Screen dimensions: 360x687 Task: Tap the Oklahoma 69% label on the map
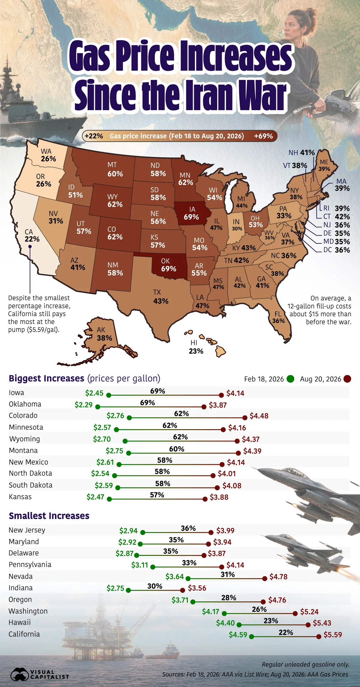[168, 265]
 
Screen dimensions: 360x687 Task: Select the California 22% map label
[32, 236]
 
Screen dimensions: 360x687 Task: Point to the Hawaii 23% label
[196, 347]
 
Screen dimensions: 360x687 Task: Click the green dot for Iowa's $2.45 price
[109, 395]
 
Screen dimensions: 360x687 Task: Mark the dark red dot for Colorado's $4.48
[245, 417]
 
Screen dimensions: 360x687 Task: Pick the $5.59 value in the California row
[333, 635]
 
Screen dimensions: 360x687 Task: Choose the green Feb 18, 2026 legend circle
[290, 379]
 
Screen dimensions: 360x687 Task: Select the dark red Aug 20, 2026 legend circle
[347, 379]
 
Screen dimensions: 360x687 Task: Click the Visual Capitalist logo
[40, 674]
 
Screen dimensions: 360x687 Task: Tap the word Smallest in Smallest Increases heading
[27, 516]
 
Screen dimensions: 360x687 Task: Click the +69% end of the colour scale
[263, 136]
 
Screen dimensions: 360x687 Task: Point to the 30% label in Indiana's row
[155, 586]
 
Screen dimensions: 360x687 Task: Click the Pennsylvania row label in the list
[30, 565]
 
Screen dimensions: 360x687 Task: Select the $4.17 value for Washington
[211, 611]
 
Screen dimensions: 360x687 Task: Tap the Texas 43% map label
[160, 297]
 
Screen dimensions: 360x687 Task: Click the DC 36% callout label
[337, 250]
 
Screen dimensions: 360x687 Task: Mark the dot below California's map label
[30, 246]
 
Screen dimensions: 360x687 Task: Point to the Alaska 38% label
[104, 334]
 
